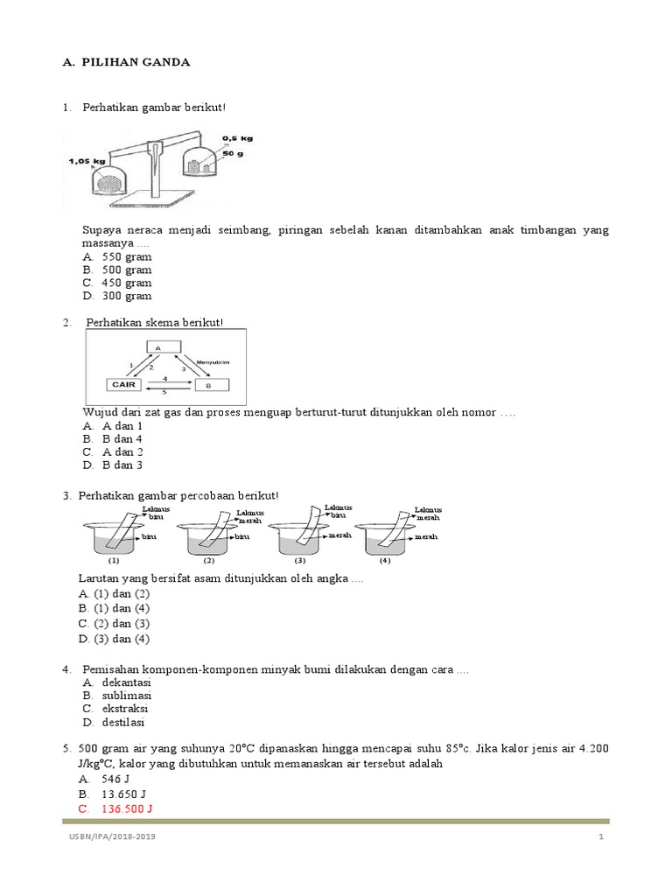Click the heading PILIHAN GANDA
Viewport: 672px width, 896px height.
(x=136, y=62)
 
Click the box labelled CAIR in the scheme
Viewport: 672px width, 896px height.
(x=122, y=384)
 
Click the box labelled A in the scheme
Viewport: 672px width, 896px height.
(x=157, y=347)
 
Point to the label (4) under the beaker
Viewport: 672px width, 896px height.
(x=385, y=560)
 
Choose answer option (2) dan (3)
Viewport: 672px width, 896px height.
(x=115, y=623)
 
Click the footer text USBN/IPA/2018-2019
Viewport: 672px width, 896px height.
(x=113, y=837)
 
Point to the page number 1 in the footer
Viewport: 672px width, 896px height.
(x=602, y=837)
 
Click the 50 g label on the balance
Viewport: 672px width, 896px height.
(x=233, y=154)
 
